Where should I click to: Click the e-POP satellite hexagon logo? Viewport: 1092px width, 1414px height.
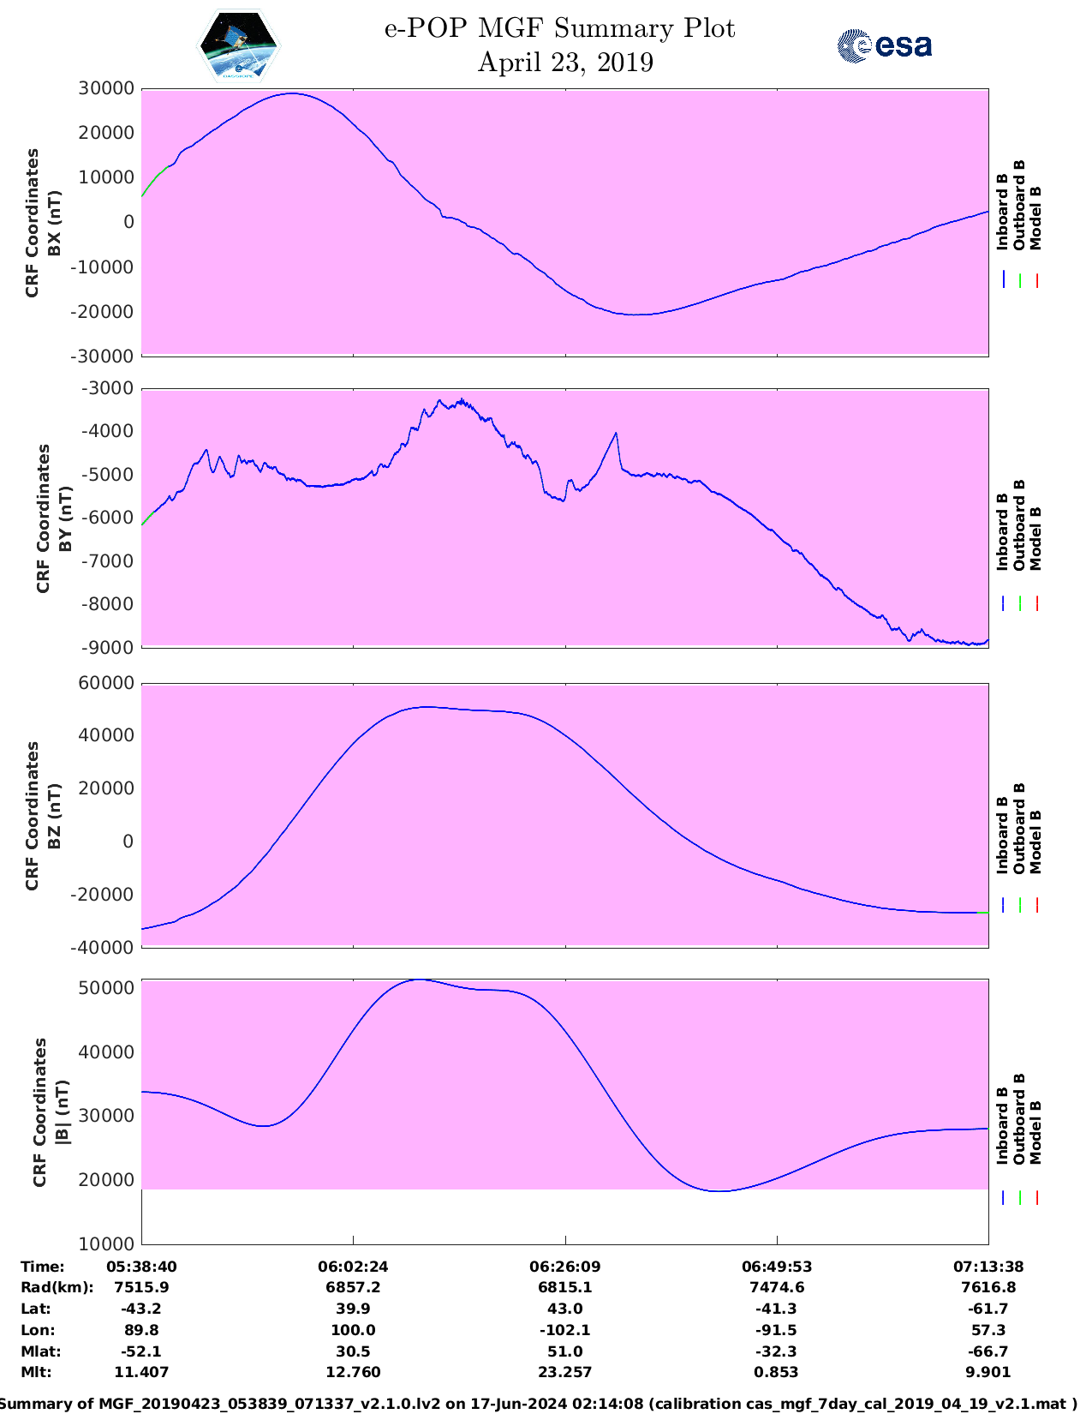tap(239, 45)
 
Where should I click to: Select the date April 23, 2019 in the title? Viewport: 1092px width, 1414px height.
tap(565, 63)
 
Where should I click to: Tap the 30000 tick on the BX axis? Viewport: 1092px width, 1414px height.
tap(106, 88)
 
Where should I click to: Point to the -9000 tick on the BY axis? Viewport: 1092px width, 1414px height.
tap(107, 648)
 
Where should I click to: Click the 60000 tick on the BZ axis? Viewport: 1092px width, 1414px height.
tap(106, 683)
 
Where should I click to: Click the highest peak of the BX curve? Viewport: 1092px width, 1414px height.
tap(293, 93)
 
